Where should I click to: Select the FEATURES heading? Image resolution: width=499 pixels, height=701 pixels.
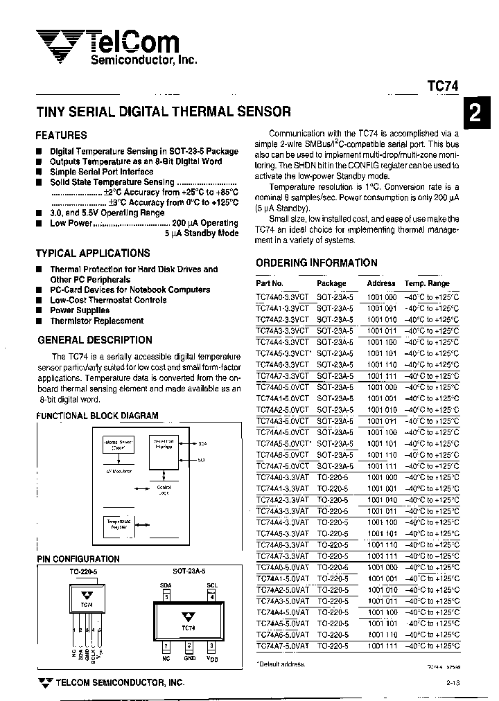tap(61, 135)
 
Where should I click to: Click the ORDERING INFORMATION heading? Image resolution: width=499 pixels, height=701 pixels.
tap(317, 263)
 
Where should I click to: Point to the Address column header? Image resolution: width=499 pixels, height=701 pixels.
tap(380, 283)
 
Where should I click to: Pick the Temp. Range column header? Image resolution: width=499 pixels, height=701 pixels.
tap(427, 283)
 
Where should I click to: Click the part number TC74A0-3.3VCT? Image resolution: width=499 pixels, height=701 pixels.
tap(281, 296)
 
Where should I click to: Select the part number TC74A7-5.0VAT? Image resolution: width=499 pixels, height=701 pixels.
tap(281, 646)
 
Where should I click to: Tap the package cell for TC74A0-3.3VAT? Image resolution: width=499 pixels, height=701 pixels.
tap(333, 477)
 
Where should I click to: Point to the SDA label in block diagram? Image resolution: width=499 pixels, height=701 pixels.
tap(202, 443)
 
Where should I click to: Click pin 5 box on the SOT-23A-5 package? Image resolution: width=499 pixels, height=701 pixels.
tap(166, 599)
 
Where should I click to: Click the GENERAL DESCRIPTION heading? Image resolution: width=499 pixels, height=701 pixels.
tap(95, 340)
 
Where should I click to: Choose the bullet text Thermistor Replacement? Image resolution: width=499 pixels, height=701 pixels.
tap(96, 321)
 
